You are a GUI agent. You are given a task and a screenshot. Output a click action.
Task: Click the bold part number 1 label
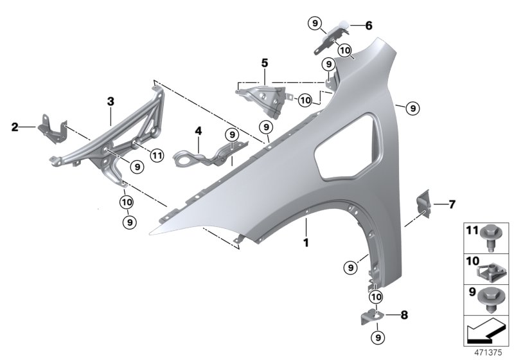pos(306,243)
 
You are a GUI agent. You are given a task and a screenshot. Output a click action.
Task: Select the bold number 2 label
pos(15,127)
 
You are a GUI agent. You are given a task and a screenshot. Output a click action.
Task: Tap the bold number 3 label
pos(111,102)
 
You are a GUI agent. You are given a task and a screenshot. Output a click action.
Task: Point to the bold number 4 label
pos(199,131)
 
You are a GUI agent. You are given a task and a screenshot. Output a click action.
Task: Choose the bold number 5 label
pos(265,62)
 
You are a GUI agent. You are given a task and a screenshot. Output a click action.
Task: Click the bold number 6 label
pos(369,26)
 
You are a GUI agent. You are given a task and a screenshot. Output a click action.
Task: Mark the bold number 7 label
pos(452,204)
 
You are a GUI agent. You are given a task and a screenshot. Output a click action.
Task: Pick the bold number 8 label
pos(404,315)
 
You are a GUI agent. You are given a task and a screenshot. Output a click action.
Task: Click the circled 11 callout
pos(157,155)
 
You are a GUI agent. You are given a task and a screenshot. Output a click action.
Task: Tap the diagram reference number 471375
pos(488,353)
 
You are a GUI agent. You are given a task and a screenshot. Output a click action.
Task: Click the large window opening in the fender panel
pos(348,147)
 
